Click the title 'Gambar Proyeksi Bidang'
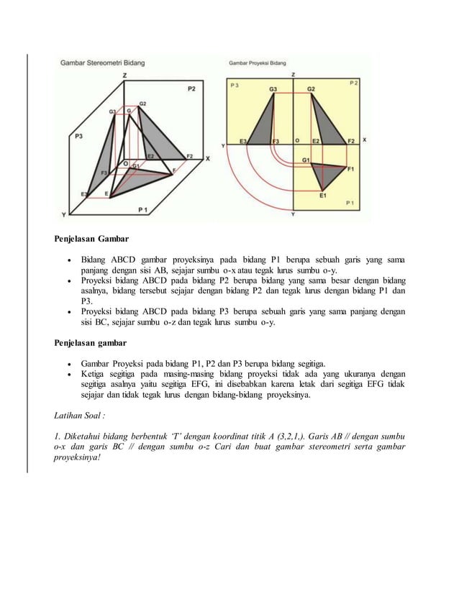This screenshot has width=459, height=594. tap(263, 63)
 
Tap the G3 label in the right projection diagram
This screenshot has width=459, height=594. tap(273, 88)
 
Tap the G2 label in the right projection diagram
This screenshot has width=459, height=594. tap(311, 88)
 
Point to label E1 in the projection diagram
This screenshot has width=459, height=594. tap(323, 194)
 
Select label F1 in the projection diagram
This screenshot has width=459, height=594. tap(350, 169)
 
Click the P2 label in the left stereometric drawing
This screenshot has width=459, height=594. tap(191, 89)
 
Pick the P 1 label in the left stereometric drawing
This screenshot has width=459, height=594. tap(144, 209)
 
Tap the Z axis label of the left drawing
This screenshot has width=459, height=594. tap(125, 75)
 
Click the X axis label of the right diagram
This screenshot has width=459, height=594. tap(363, 140)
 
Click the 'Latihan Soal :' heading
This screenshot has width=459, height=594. tap(79, 416)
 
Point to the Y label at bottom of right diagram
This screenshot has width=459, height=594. tap(292, 214)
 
